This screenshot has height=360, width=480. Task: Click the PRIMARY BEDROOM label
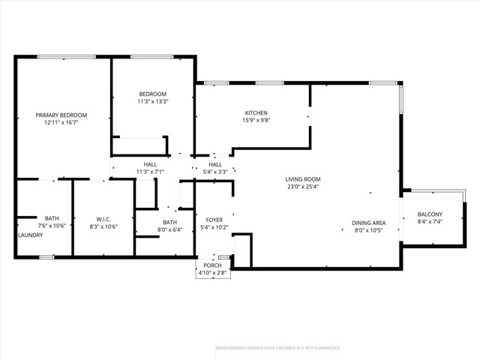coord(61,115)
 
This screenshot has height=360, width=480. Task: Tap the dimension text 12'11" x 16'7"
coord(61,123)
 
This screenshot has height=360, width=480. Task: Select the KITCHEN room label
coord(255,112)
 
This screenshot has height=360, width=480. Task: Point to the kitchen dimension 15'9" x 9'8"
coord(255,120)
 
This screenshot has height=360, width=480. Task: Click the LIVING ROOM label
coord(303,178)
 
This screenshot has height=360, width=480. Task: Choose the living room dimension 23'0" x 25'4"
coord(303,187)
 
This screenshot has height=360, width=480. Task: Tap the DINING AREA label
coord(369,223)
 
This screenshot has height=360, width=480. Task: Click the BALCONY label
coord(430,214)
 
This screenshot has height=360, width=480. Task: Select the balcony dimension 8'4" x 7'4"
coord(430,222)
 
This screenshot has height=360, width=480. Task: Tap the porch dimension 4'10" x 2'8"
coord(213,273)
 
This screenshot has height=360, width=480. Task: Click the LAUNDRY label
coord(31,235)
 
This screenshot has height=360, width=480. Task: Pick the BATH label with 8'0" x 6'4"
coord(170,222)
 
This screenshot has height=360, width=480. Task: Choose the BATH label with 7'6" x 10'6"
coord(52,217)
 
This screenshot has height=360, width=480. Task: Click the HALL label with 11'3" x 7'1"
coord(150,164)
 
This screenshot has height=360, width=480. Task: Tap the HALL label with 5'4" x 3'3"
coord(215,164)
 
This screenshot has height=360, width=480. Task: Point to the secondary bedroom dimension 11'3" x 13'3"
coord(152,101)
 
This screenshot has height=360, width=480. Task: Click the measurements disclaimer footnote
coord(278,348)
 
